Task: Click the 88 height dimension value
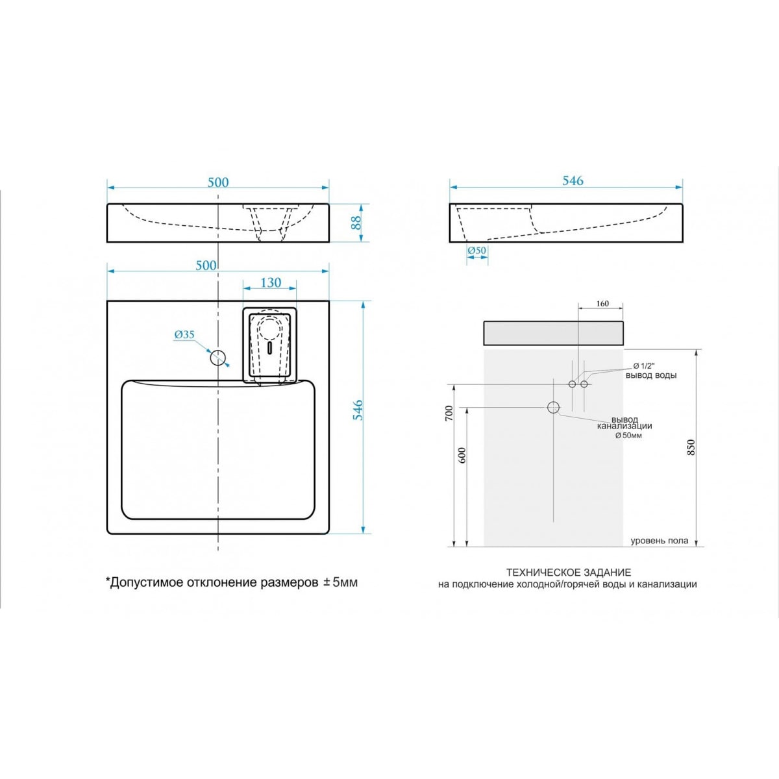[356, 223]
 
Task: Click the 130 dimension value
[271, 282]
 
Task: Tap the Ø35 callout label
[184, 335]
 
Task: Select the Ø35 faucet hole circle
[218, 357]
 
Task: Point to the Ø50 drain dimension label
[477, 251]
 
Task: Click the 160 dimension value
[602, 304]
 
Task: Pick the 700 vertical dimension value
[449, 414]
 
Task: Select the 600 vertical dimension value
[463, 456]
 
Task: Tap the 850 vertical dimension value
[691, 447]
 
